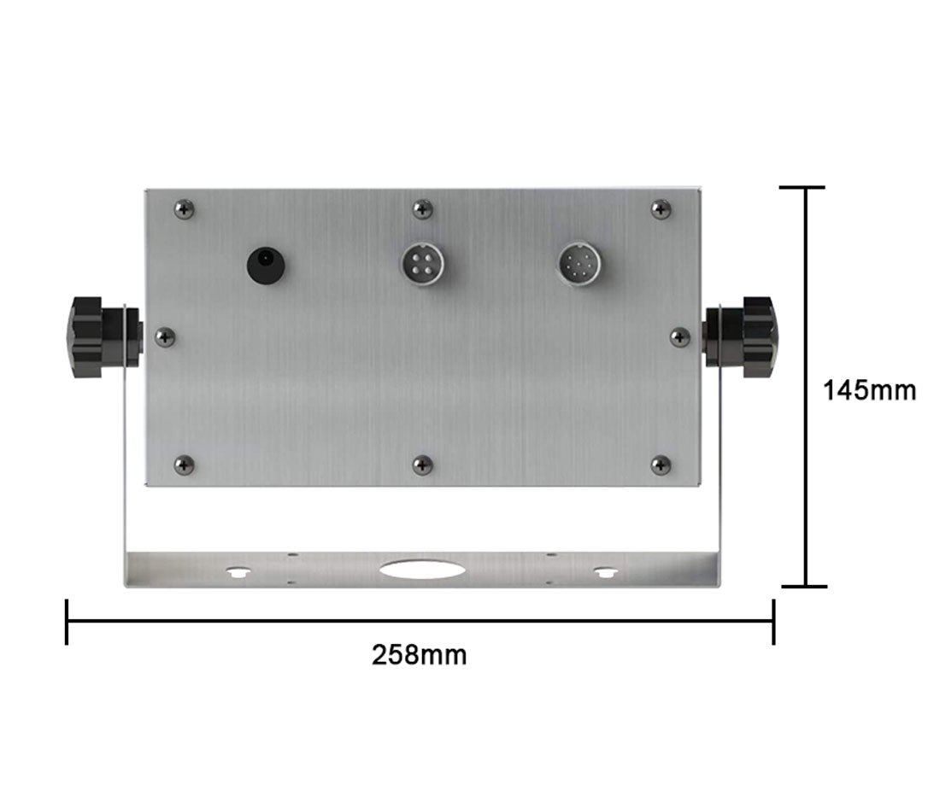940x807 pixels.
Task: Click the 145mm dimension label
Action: pos(869,390)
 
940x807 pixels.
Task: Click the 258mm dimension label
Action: pos(419,655)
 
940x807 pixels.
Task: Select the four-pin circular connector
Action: pos(423,264)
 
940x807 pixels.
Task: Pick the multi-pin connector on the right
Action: pos(580,264)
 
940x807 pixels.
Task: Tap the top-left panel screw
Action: pos(184,210)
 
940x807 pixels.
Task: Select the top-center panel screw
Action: pos(423,209)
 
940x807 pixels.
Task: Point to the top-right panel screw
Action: pos(661,208)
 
